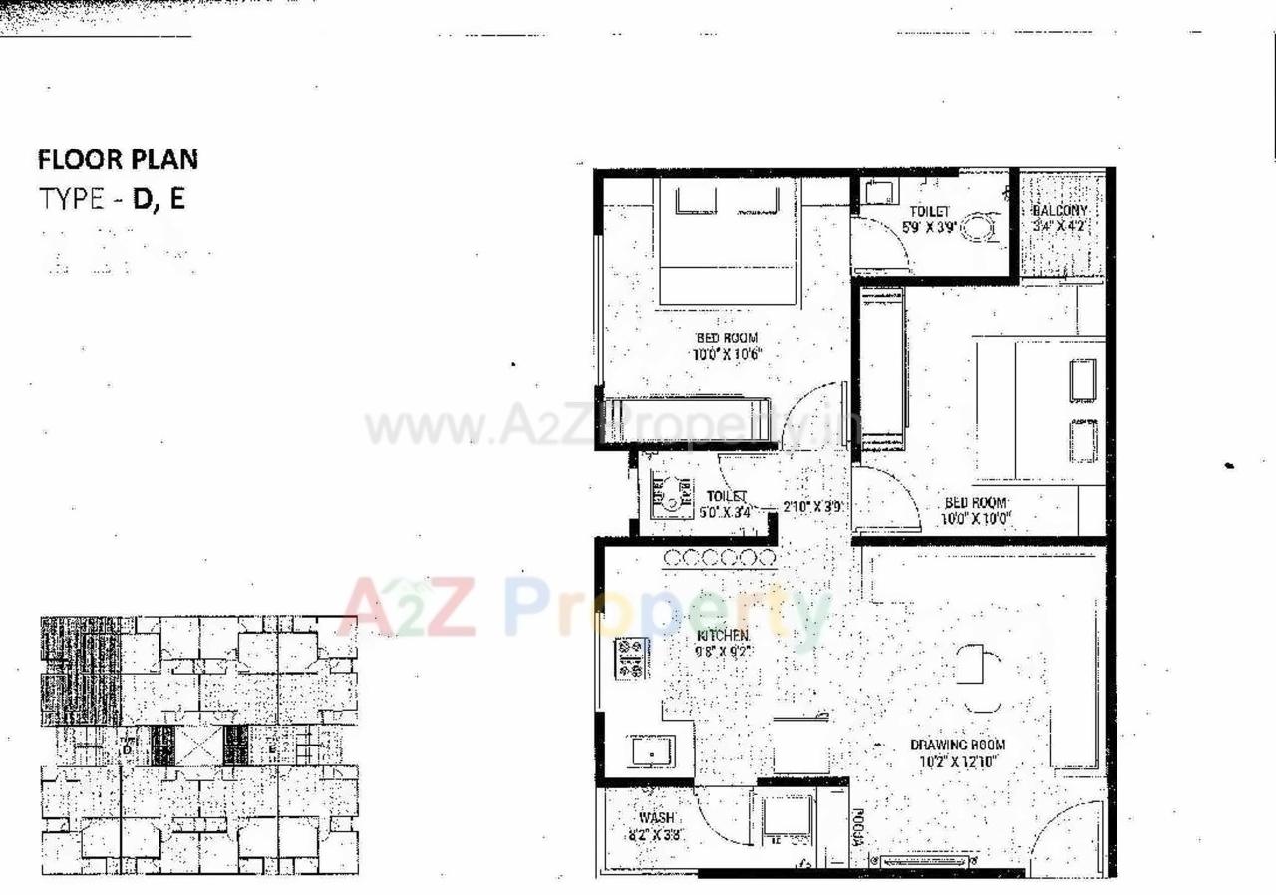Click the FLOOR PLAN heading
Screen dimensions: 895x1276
tap(118, 159)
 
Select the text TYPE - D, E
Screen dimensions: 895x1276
tap(112, 199)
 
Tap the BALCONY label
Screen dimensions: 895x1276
tap(1059, 211)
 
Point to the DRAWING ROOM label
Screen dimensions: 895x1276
tap(957, 745)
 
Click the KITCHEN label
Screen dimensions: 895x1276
tap(724, 635)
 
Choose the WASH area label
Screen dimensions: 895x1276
tap(657, 818)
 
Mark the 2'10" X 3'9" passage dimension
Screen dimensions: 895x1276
tap(814, 506)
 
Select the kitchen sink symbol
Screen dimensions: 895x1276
tap(651, 751)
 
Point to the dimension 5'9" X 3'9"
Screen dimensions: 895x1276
tap(930, 226)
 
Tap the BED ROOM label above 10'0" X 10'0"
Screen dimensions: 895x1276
tap(976, 503)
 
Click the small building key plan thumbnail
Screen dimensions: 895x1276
tap(199, 745)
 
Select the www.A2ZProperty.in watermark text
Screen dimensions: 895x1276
tap(598, 428)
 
